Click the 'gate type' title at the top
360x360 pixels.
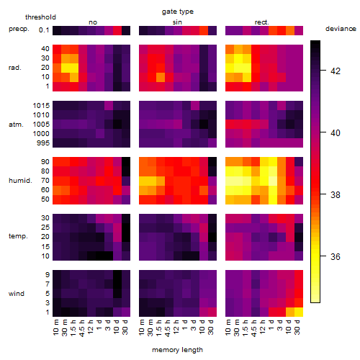coord(178,12)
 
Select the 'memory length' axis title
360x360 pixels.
coord(177,350)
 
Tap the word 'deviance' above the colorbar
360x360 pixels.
coord(341,29)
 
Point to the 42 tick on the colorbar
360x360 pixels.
coord(323,71)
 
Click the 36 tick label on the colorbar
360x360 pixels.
coord(336,257)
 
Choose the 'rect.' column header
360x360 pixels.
coord(262,22)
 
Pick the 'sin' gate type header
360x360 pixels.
coord(177,22)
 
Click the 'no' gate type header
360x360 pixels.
coord(93,22)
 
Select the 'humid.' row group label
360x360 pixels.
coord(20,181)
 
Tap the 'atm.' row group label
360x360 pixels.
coord(16,125)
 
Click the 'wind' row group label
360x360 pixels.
coord(17,294)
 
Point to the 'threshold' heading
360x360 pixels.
coord(40,17)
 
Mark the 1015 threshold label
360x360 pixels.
coord(41,106)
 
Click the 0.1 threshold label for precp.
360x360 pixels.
coord(44,30)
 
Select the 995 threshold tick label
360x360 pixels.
coord(43,143)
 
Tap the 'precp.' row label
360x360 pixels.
coord(19,29)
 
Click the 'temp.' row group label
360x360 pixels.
coord(18,236)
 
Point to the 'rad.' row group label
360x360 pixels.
coord(15,68)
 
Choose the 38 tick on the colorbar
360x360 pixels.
coord(323,194)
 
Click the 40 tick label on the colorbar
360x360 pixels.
coord(336,133)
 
